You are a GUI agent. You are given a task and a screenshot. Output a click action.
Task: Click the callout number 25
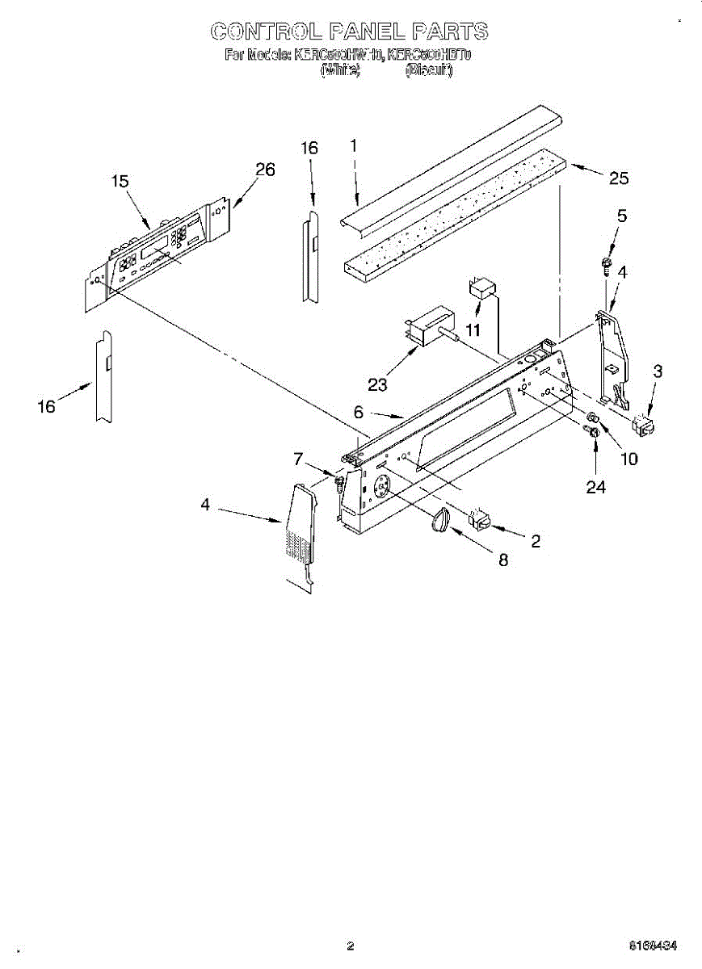point(618,178)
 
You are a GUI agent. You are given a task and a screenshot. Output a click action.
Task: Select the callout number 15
point(120,182)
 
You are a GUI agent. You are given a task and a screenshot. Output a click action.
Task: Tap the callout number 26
point(265,170)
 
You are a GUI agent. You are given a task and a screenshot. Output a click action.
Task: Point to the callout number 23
point(376,384)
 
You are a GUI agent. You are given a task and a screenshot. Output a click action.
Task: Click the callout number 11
point(472,329)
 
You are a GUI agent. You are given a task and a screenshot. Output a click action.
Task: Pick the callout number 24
point(595,486)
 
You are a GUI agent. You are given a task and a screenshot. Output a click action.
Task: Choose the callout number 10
point(628,459)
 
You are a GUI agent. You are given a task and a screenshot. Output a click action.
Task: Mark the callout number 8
point(502,560)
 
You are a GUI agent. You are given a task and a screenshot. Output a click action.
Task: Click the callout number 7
point(298,459)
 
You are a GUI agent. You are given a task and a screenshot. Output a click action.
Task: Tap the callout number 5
point(621,216)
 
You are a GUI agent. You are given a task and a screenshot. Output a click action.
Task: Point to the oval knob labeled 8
point(439,521)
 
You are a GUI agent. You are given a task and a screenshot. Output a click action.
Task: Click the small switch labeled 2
point(479,521)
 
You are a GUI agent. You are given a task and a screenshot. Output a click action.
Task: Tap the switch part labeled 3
point(644,423)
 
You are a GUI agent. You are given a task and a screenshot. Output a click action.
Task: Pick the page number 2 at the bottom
point(350,946)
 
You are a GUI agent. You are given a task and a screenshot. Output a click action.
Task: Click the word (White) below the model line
point(340,71)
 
